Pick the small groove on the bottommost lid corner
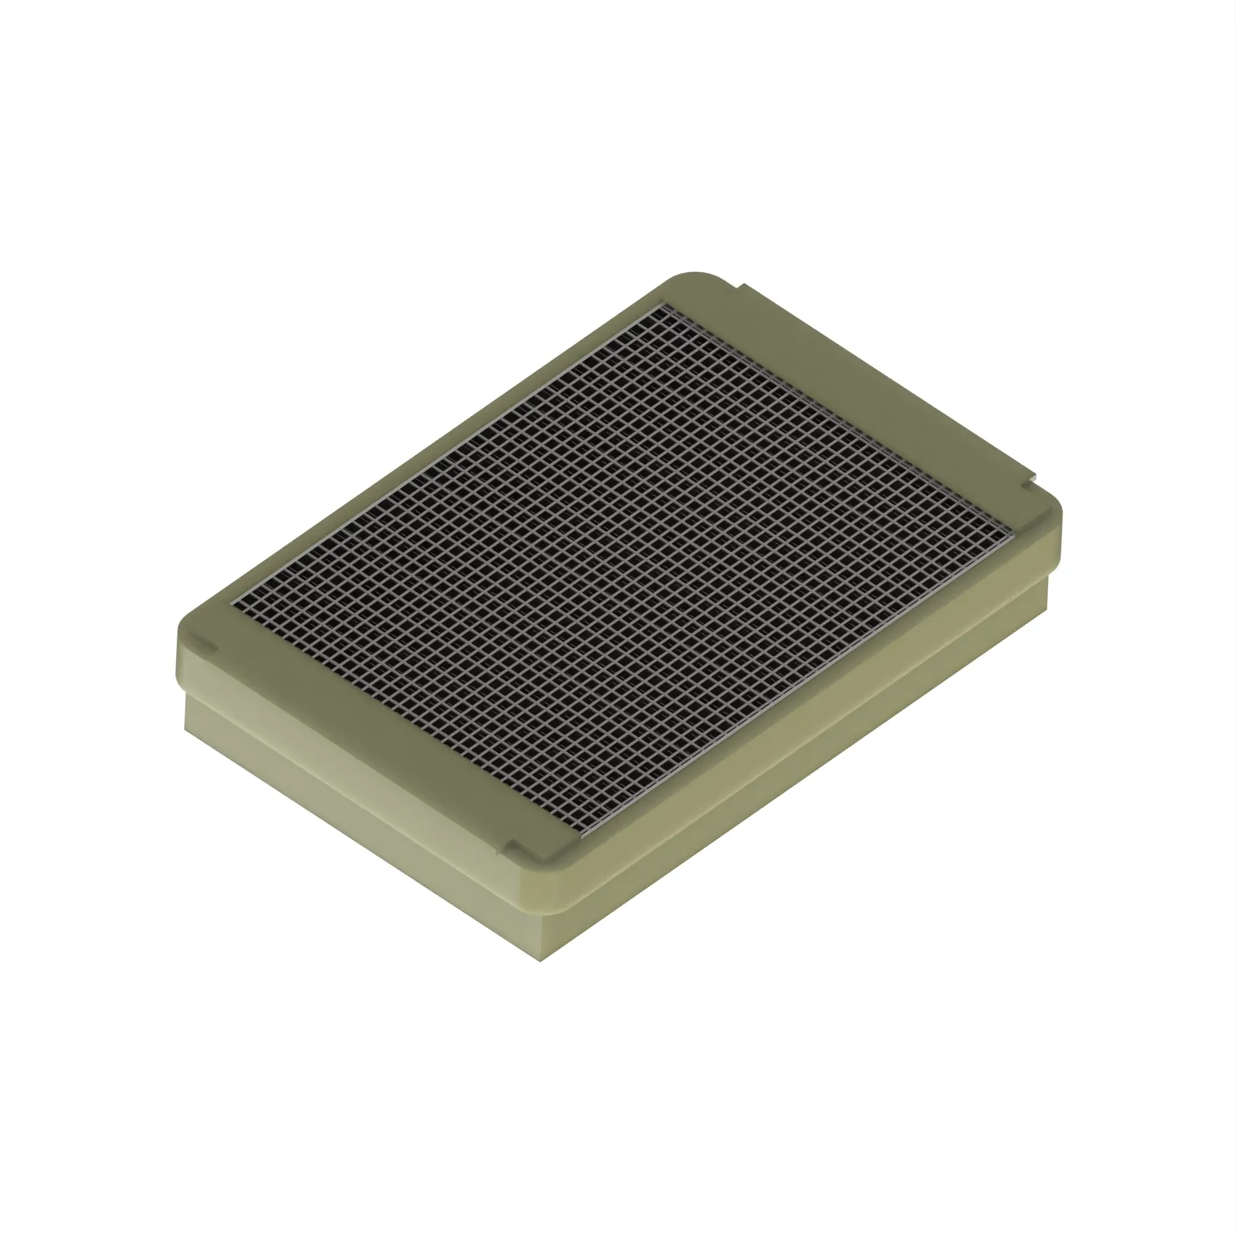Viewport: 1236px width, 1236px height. click(512, 849)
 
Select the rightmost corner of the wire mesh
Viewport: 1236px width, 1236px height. click(1014, 531)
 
